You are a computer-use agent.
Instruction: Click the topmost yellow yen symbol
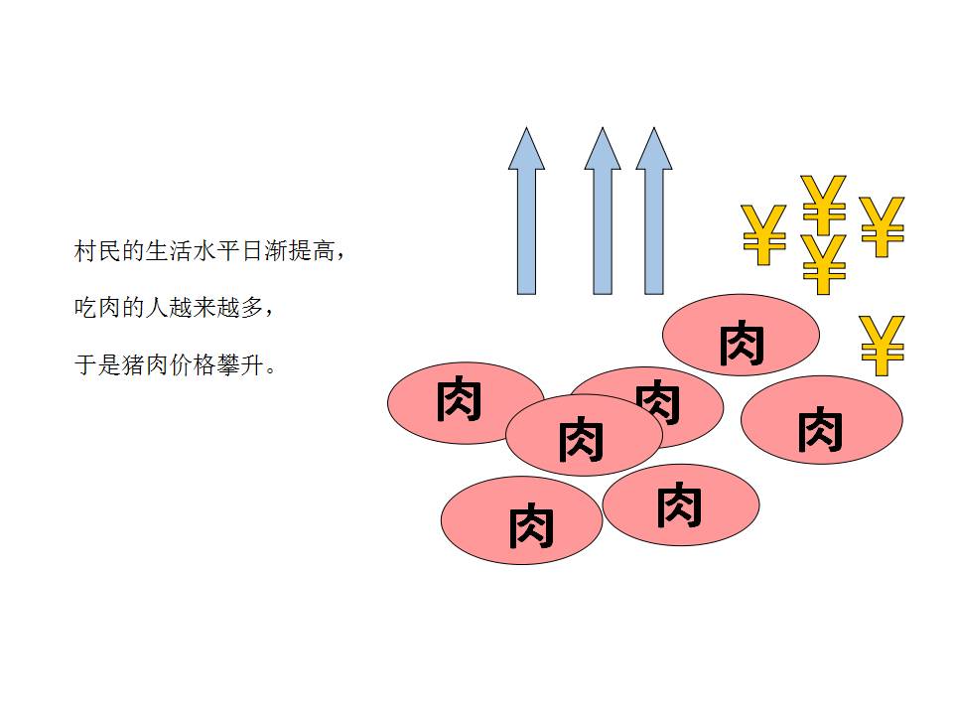[823, 204]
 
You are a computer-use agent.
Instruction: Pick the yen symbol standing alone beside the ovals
[882, 345]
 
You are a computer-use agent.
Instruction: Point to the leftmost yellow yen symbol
[763, 234]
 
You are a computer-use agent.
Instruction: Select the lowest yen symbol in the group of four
[823, 263]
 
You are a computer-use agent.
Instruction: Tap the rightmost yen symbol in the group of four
[882, 226]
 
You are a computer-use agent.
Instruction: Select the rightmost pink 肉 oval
[821, 419]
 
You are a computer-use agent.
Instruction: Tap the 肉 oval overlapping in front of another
[583, 436]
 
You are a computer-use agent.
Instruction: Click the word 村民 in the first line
[97, 251]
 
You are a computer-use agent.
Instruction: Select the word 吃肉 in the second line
[97, 308]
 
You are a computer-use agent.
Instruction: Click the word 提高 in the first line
[312, 251]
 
